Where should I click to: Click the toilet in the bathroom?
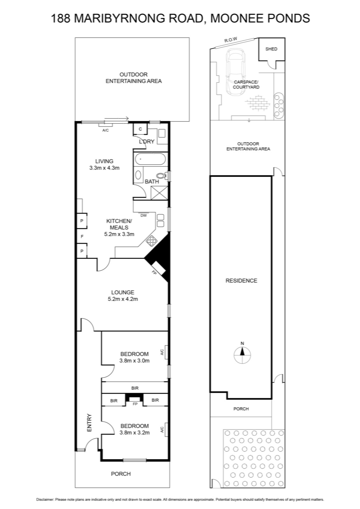(162, 175)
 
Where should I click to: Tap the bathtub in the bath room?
(151, 159)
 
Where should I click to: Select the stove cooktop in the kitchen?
(151, 240)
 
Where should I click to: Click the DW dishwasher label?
(143, 215)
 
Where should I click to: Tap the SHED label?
(271, 49)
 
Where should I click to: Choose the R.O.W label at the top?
(231, 40)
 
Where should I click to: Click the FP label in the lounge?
(154, 272)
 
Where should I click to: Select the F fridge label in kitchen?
(82, 237)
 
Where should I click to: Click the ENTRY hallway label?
(89, 423)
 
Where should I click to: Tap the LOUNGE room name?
(123, 292)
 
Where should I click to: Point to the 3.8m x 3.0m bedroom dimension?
(135, 361)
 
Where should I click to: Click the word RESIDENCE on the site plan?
(241, 281)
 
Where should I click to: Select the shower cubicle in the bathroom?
(159, 193)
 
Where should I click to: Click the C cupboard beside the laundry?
(140, 129)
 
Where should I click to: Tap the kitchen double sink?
(160, 220)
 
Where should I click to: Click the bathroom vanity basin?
(138, 175)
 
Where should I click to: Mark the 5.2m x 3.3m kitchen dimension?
(119, 234)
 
